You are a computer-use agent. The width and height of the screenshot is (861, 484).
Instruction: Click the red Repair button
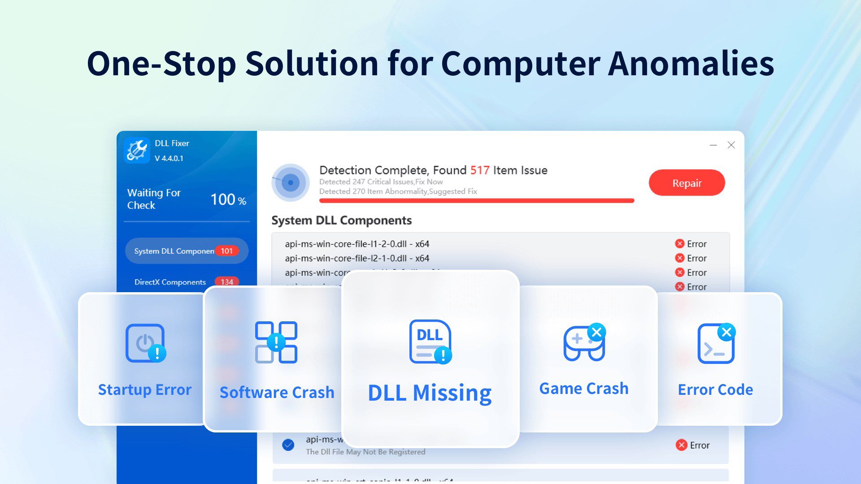point(687,183)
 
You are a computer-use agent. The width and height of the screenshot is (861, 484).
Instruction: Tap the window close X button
point(731,145)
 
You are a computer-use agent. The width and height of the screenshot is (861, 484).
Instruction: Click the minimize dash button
point(713,145)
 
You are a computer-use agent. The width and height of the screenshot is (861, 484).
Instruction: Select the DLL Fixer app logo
point(137,151)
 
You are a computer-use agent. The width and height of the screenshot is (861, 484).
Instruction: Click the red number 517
point(479,170)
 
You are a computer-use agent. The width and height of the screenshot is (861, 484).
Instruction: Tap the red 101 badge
point(226,251)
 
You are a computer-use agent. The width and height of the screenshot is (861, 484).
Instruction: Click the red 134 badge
point(226,282)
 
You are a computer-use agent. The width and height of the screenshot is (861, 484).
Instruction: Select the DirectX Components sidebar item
point(170,282)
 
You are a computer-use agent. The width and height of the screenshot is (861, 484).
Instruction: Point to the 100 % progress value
point(228,200)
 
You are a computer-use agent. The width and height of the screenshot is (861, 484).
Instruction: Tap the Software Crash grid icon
point(276,342)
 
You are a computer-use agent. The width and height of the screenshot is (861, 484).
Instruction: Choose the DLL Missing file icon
point(430,341)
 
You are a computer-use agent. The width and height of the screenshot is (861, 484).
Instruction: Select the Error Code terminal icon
point(716,343)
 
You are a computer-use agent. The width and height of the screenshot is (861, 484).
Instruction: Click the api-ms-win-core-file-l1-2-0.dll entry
point(357,244)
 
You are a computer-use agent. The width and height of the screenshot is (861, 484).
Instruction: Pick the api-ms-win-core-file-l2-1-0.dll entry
point(357,259)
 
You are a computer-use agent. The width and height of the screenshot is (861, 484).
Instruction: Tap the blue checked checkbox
point(288,445)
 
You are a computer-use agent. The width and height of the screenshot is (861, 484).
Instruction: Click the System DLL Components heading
point(341,220)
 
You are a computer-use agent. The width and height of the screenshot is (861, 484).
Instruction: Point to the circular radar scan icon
point(291,182)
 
